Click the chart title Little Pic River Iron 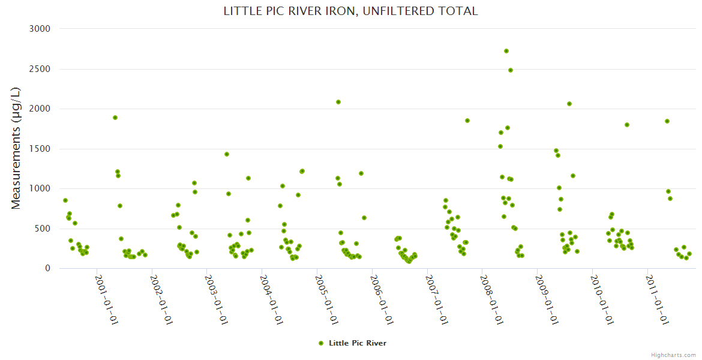tap(350, 11)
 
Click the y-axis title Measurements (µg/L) tap(16, 148)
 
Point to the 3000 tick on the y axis tap(40, 29)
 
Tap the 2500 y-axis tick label tap(40, 69)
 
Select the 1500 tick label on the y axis tap(40, 149)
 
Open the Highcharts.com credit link tap(673, 355)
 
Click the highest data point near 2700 tap(506, 51)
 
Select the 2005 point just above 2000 tap(338, 102)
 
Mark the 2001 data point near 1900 tap(115, 118)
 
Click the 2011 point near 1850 tap(667, 121)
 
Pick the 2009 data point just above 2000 tap(569, 104)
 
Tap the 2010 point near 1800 tap(627, 125)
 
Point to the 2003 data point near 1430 tap(227, 154)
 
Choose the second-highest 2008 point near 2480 tap(511, 70)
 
